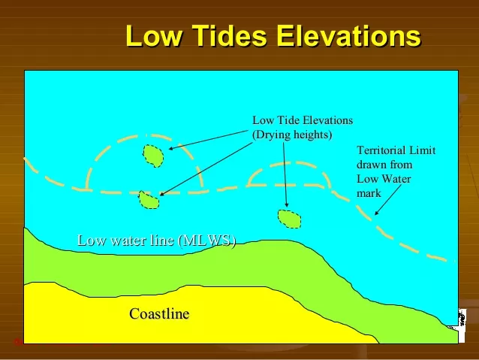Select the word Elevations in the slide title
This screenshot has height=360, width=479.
click(348, 36)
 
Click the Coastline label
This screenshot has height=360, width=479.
click(159, 313)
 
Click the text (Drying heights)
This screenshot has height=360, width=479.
click(292, 135)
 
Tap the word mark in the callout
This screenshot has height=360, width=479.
click(369, 193)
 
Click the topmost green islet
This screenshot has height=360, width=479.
click(153, 156)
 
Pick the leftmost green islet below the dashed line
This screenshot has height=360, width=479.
click(149, 200)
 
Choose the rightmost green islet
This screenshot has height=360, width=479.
click(289, 218)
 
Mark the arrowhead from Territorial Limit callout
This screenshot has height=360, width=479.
click(377, 213)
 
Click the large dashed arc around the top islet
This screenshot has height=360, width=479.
click(143, 140)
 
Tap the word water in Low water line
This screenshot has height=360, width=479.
click(128, 241)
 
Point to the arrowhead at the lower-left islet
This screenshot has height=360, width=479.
click(161, 194)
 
